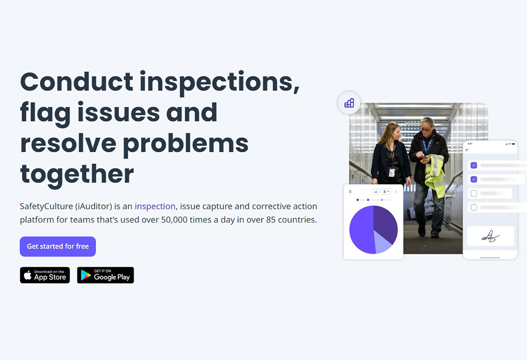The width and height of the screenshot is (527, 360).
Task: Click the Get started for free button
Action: coord(58,246)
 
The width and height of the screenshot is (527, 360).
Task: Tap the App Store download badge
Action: coord(45,275)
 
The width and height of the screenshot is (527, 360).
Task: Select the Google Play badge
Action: coord(106,275)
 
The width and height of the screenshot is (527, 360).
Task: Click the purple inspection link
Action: coord(155,206)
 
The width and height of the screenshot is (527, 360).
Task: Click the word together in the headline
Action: coord(77,174)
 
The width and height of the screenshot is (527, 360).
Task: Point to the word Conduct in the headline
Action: coord(77,82)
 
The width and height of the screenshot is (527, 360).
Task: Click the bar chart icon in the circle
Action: coord(349,103)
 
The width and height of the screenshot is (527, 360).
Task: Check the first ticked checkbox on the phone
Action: coord(474,165)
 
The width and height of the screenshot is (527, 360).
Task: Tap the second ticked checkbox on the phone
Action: coord(474,179)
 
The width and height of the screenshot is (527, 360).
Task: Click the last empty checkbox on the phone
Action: coord(474,207)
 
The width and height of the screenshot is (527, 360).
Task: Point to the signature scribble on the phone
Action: coord(490,237)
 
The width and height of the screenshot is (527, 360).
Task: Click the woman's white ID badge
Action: coord(392,173)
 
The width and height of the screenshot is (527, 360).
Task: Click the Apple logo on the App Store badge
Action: coord(28,275)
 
